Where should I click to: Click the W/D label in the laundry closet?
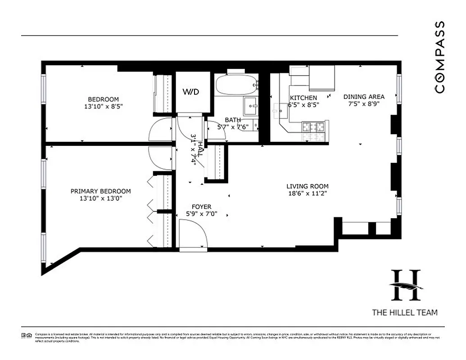(190, 92)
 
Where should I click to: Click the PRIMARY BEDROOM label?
(101, 191)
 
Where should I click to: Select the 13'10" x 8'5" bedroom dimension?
(103, 107)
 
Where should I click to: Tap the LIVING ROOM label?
(308, 186)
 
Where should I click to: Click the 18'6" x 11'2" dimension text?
(308, 193)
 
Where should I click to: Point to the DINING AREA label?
(364, 97)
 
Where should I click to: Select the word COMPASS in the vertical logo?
(440, 57)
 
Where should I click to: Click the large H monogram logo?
(406, 285)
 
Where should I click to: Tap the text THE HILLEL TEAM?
(404, 312)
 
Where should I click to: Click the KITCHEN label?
(303, 98)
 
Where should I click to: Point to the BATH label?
(233, 120)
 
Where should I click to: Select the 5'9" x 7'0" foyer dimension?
(202, 214)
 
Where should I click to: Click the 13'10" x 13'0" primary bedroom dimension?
(101, 198)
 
